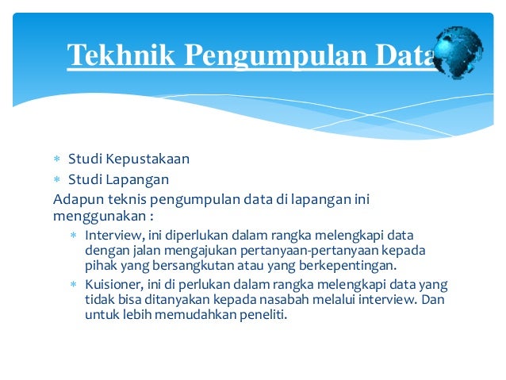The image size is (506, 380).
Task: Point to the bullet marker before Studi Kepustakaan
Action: point(57,159)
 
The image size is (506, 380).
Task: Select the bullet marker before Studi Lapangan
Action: point(57,179)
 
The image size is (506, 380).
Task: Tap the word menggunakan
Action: point(98,215)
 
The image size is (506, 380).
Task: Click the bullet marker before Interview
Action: point(73,236)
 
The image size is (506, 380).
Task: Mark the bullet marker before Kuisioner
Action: point(73,285)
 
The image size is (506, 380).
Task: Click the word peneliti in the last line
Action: point(258,314)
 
